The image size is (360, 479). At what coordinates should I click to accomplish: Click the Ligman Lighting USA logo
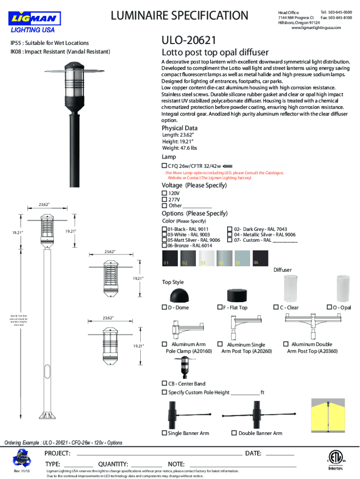(x=34, y=22)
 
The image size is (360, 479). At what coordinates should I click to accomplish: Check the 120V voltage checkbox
(x=164, y=193)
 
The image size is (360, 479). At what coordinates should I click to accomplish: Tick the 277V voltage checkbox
(x=164, y=199)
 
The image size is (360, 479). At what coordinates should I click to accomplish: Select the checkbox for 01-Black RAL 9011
(x=164, y=229)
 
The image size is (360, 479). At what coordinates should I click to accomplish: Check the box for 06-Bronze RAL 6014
(x=164, y=246)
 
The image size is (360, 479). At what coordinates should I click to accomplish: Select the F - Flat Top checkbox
(x=220, y=308)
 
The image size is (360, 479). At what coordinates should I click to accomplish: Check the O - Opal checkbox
(x=329, y=308)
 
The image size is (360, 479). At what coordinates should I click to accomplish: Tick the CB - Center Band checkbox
(x=164, y=384)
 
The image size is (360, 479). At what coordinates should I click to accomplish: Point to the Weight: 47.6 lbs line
(x=180, y=148)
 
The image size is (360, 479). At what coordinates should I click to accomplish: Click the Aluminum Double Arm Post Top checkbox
(x=287, y=344)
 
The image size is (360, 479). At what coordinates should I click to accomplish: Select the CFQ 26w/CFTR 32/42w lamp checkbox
(x=164, y=166)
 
